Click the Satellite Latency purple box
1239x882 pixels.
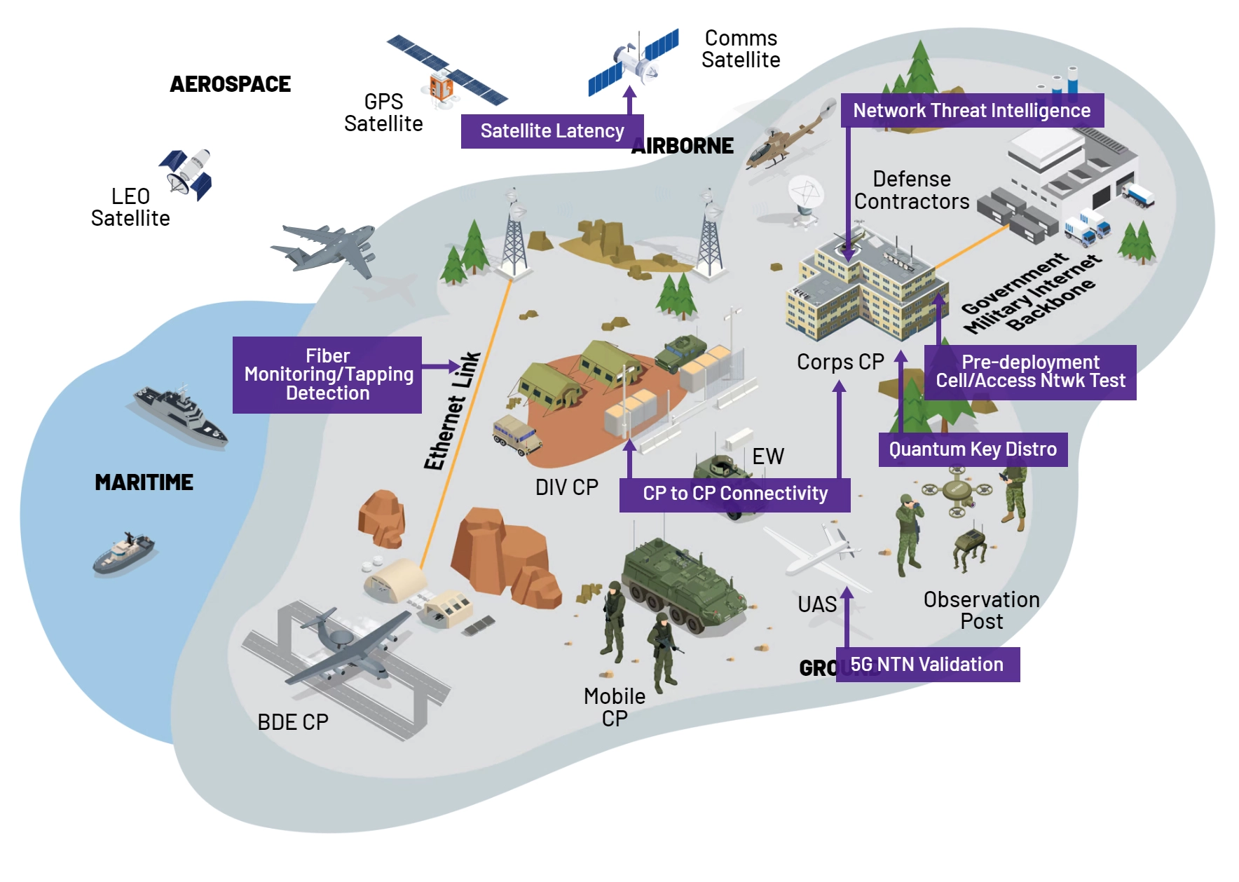(552, 131)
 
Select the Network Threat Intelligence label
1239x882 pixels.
(971, 111)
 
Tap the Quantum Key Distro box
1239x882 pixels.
(973, 449)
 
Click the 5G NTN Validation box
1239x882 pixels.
(927, 665)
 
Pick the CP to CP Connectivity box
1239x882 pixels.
(734, 494)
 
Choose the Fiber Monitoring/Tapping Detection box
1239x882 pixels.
(327, 374)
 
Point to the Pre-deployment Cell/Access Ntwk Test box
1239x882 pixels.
(1030, 372)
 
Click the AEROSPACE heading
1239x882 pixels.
(230, 84)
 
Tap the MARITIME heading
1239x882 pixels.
(144, 482)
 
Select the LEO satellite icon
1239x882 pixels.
(186, 173)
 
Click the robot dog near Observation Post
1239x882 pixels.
(971, 547)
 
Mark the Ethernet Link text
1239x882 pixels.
(452, 411)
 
